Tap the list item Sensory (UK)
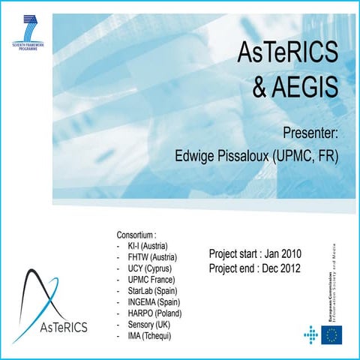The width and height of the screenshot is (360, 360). pos(152,324)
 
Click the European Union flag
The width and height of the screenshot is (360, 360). pos(331,335)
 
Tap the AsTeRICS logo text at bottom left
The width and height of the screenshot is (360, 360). pos(61,326)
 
